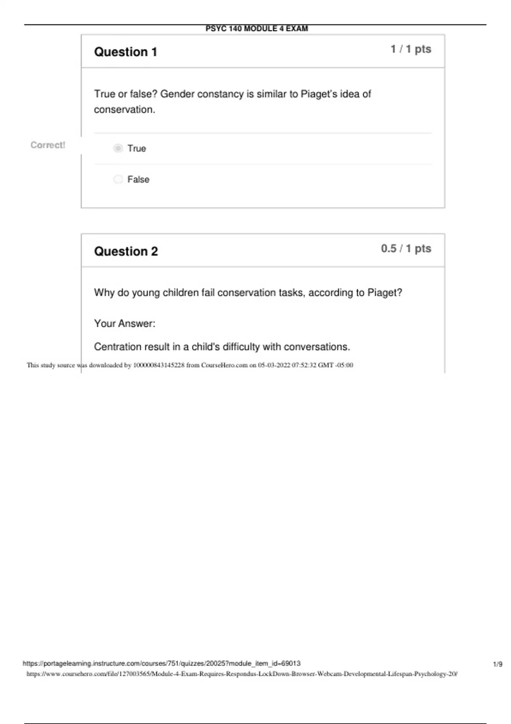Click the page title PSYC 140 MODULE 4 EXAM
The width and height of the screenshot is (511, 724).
(256, 29)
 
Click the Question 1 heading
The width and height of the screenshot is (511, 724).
(126, 52)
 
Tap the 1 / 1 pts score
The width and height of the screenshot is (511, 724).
(411, 49)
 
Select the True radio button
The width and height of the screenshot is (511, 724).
(118, 148)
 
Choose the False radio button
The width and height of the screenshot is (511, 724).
(118, 179)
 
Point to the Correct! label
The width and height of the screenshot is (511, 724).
(48, 145)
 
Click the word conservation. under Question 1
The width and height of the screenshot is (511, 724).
(124, 110)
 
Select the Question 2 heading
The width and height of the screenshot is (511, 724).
(126, 251)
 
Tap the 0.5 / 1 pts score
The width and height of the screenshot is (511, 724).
(406, 249)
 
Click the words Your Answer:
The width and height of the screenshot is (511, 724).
(124, 324)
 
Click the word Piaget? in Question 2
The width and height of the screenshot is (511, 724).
(385, 293)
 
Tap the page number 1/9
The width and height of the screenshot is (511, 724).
(497, 664)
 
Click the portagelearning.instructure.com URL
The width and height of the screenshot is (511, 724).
(161, 664)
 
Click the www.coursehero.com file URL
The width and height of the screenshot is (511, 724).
(242, 674)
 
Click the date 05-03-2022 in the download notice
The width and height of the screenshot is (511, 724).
(274, 365)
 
